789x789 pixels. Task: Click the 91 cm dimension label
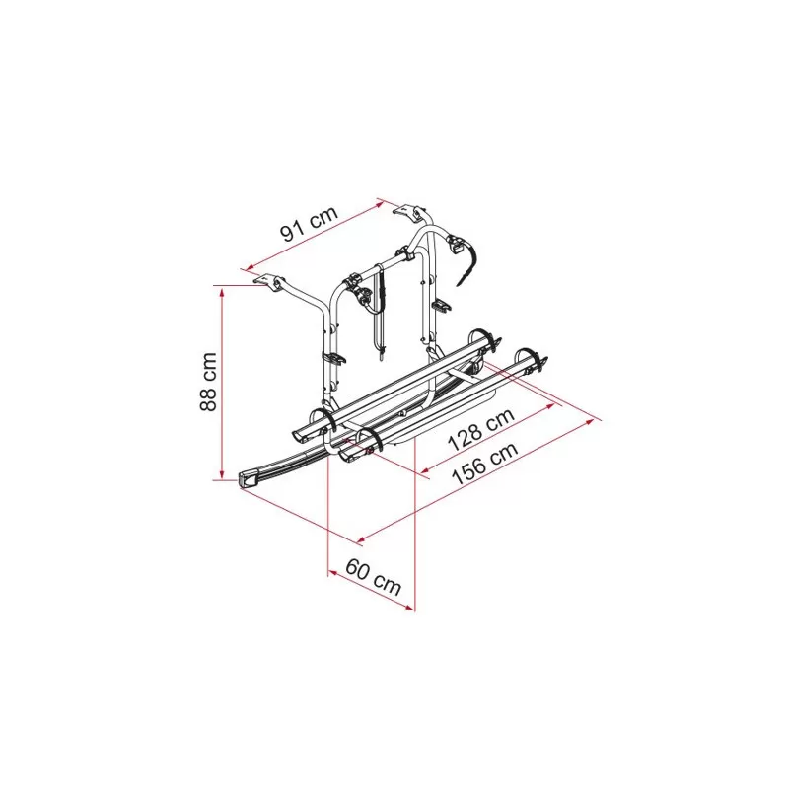pyautogui.click(x=309, y=224)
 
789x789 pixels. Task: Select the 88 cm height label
pyautogui.click(x=208, y=382)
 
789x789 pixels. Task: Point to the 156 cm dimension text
pyautogui.click(x=485, y=464)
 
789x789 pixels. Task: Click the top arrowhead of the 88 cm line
pyautogui.click(x=221, y=290)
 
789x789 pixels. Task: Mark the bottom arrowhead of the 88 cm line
pyautogui.click(x=221, y=475)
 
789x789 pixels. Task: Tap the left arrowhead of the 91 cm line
pyautogui.click(x=247, y=268)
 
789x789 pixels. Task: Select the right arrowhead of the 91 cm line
pyautogui.click(x=381, y=202)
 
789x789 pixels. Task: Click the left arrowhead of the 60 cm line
pyautogui.click(x=332, y=572)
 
